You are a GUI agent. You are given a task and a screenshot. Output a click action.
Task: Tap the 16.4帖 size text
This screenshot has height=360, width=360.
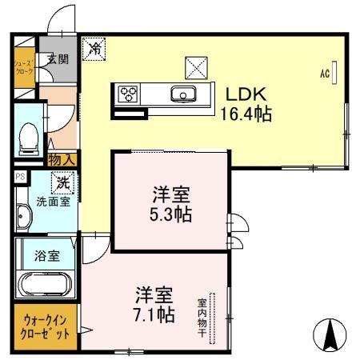(x=246, y=114)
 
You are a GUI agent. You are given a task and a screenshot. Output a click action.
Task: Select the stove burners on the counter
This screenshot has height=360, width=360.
(x=129, y=94)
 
